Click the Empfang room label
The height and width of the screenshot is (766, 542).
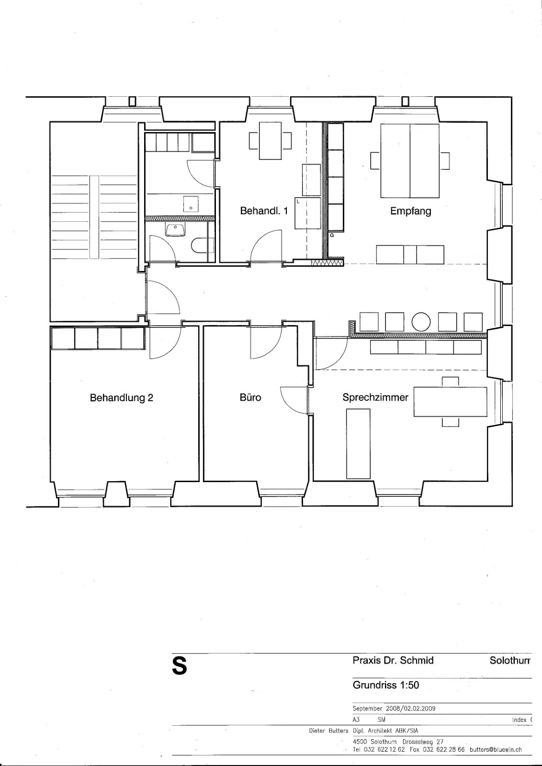(410, 211)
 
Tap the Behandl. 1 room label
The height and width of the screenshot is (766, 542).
(264, 211)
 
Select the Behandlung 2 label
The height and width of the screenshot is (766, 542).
(122, 398)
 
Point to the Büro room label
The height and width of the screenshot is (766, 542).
(250, 397)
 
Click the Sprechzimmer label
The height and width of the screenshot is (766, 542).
(375, 397)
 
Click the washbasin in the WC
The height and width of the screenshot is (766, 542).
(175, 229)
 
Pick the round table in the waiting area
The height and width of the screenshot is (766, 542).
(420, 322)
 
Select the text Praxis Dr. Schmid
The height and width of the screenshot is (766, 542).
(393, 660)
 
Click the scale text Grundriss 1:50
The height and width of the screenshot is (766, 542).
(386, 685)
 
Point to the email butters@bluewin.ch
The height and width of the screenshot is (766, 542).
(496, 750)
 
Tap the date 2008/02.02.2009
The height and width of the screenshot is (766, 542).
(411, 709)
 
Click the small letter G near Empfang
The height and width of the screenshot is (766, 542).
(332, 235)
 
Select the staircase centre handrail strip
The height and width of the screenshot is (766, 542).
(94, 217)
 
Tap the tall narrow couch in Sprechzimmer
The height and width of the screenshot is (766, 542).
(358, 443)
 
